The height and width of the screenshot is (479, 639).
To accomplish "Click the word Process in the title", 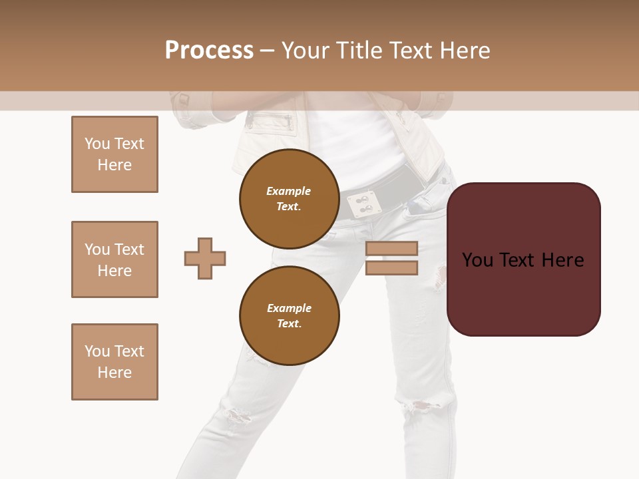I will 209,51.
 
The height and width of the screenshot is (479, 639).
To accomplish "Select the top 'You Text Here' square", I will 114,154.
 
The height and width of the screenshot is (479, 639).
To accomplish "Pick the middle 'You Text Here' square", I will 114,259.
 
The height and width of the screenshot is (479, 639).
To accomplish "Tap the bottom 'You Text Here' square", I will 114,362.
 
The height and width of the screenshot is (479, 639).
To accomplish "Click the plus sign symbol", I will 205,258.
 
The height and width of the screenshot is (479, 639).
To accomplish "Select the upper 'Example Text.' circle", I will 289,198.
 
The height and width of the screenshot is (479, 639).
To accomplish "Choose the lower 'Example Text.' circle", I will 289,315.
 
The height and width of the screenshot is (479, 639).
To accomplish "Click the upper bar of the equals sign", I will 391,249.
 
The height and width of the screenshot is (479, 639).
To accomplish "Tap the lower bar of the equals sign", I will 391,268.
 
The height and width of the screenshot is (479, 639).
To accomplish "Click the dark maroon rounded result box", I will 523,293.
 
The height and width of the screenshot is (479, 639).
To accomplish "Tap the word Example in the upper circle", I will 289,191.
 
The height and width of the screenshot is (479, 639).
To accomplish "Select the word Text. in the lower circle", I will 289,323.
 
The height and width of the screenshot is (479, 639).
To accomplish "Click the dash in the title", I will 268,51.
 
